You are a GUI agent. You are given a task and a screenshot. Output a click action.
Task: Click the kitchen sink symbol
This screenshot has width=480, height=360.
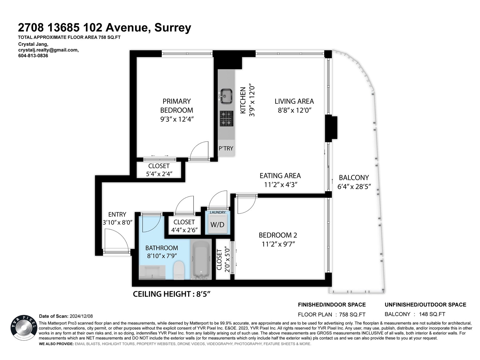pyautogui.click(x=226, y=96)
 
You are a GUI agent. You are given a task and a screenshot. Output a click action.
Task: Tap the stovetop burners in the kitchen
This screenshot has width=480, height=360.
pyautogui.click(x=226, y=118)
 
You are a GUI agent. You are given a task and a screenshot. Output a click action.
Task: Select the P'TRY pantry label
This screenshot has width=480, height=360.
pyautogui.click(x=226, y=148)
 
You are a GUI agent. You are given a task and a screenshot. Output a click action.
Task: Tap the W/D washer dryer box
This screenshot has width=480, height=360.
pyautogui.click(x=217, y=224)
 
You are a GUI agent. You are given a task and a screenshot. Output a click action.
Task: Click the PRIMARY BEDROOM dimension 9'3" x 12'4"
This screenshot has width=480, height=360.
pyautogui.click(x=177, y=119)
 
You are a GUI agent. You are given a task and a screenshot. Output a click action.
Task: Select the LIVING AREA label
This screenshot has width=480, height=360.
pyautogui.click(x=294, y=101)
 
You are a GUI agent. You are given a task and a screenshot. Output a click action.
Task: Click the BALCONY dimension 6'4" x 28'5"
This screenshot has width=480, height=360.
pyautogui.click(x=354, y=186)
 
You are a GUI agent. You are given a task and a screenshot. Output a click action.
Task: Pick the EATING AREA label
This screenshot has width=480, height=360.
pyautogui.click(x=280, y=175)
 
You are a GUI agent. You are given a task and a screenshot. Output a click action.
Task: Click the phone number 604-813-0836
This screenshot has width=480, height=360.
pyautogui.click(x=33, y=55)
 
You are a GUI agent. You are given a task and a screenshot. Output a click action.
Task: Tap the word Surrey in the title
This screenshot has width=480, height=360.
pyautogui.click(x=172, y=28)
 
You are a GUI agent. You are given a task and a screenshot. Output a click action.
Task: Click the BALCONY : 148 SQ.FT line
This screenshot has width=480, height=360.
pyautogui.click(x=415, y=314)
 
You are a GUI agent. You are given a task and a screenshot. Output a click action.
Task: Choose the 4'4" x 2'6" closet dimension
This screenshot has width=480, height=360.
pyautogui.click(x=184, y=230)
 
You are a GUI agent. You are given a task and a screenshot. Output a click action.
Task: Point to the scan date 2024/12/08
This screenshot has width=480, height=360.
pyautogui.click(x=81, y=316)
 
